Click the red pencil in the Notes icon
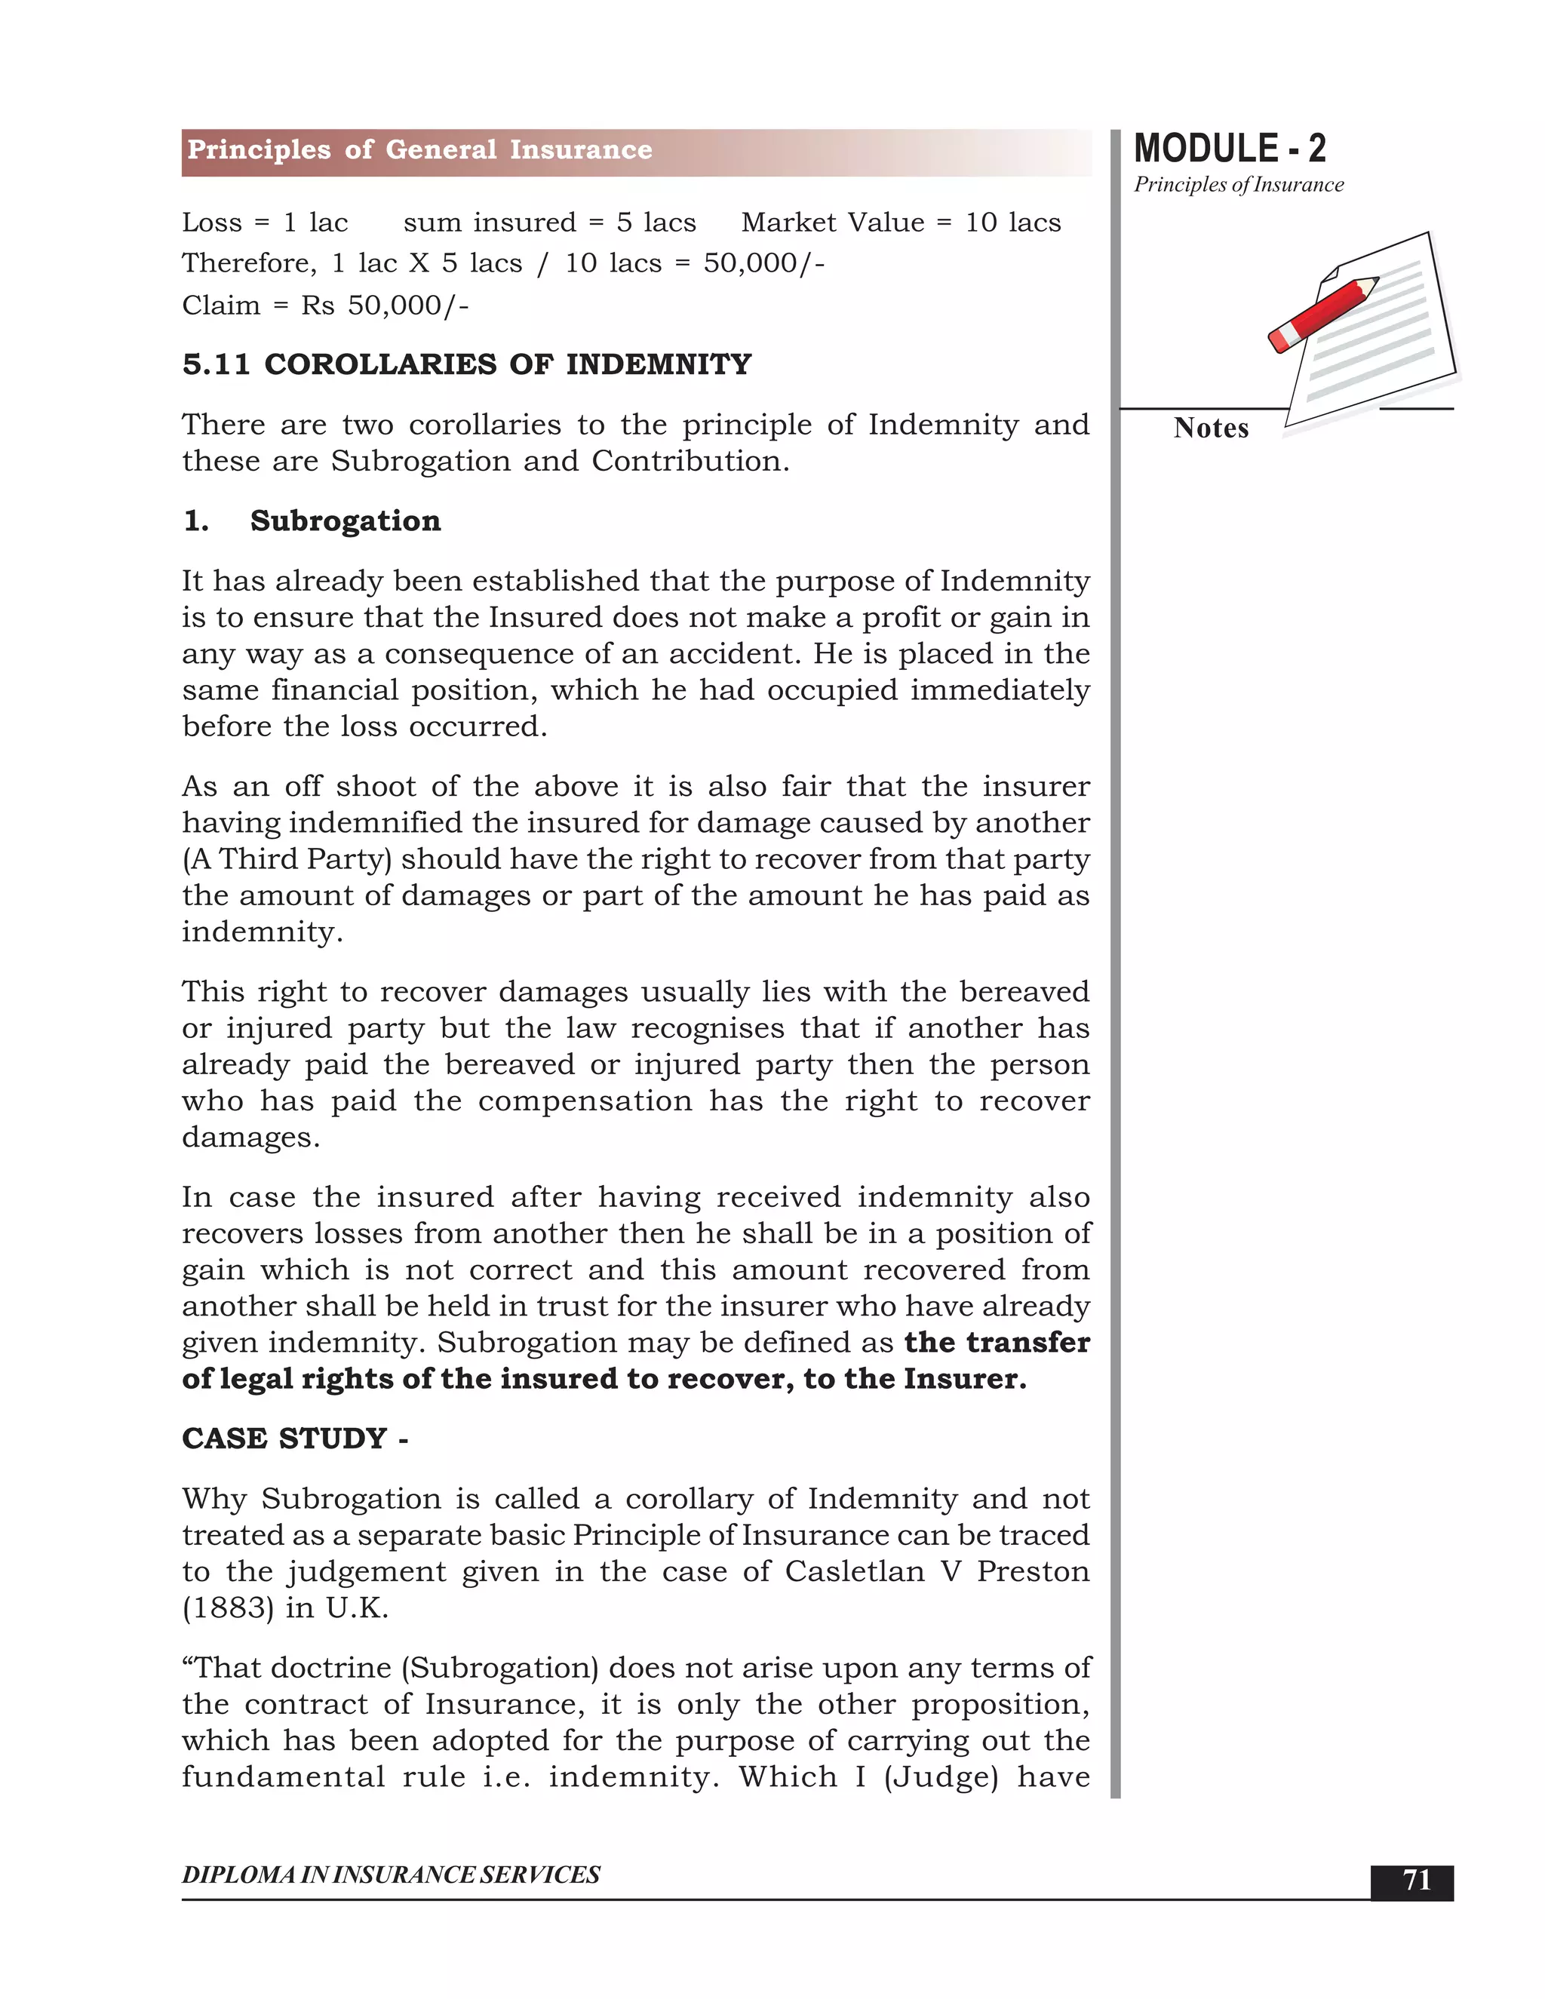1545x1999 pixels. click(1322, 314)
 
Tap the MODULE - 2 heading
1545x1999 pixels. click(1229, 149)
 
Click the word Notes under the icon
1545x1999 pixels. click(1210, 428)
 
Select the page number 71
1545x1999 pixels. click(1416, 1880)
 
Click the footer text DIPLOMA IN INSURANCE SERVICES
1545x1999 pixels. click(391, 1875)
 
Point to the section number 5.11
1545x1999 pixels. click(216, 364)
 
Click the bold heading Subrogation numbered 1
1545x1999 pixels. click(345, 520)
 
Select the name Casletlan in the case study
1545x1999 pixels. click(855, 1571)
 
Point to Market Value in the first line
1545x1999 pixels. click(832, 223)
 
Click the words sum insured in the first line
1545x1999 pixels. click(490, 223)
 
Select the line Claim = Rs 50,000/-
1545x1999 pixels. click(325, 305)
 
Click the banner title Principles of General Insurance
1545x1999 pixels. click(419, 150)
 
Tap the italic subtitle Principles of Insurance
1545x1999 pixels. click(1239, 185)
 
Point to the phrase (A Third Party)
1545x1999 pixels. click(287, 859)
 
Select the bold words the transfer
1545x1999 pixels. click(997, 1343)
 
